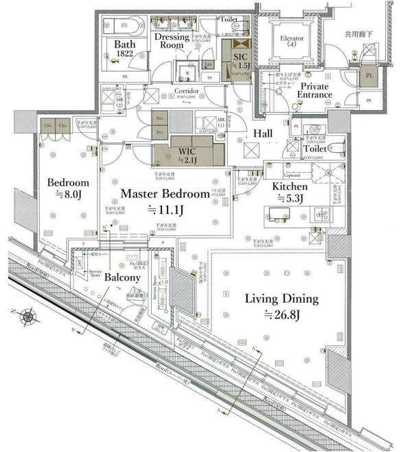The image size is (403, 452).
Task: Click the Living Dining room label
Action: [281, 299]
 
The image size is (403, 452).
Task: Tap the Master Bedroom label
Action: [164, 194]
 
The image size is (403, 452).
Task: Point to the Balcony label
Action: [123, 278]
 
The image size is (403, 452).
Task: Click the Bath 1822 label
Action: [118, 47]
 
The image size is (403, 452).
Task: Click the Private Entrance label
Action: [314, 90]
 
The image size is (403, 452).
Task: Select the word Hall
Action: [262, 133]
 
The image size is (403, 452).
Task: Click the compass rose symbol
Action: [30, 317]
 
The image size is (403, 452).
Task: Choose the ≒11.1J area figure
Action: [165, 209]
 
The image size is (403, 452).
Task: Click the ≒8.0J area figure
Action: [69, 197]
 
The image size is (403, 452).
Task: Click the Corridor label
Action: [186, 90]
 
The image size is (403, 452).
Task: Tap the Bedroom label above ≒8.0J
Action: [68, 183]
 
